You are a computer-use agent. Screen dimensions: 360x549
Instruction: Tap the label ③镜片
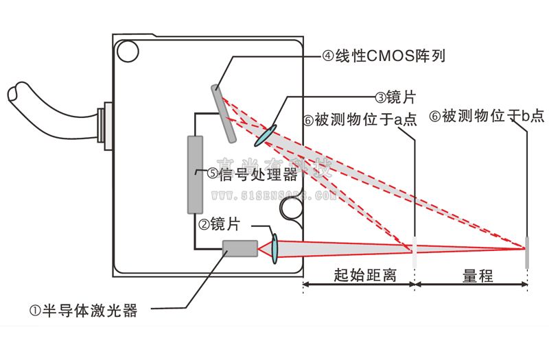click(395, 98)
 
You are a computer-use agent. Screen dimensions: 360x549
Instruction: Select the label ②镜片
click(223, 224)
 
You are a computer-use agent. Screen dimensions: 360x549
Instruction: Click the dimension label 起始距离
click(358, 276)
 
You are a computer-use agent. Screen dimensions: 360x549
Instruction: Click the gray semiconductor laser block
click(240, 248)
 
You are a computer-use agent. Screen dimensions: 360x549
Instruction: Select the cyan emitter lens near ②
click(274, 248)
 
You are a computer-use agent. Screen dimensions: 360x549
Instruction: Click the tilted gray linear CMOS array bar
click(224, 113)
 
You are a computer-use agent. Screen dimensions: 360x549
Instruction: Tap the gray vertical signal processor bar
click(195, 174)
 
